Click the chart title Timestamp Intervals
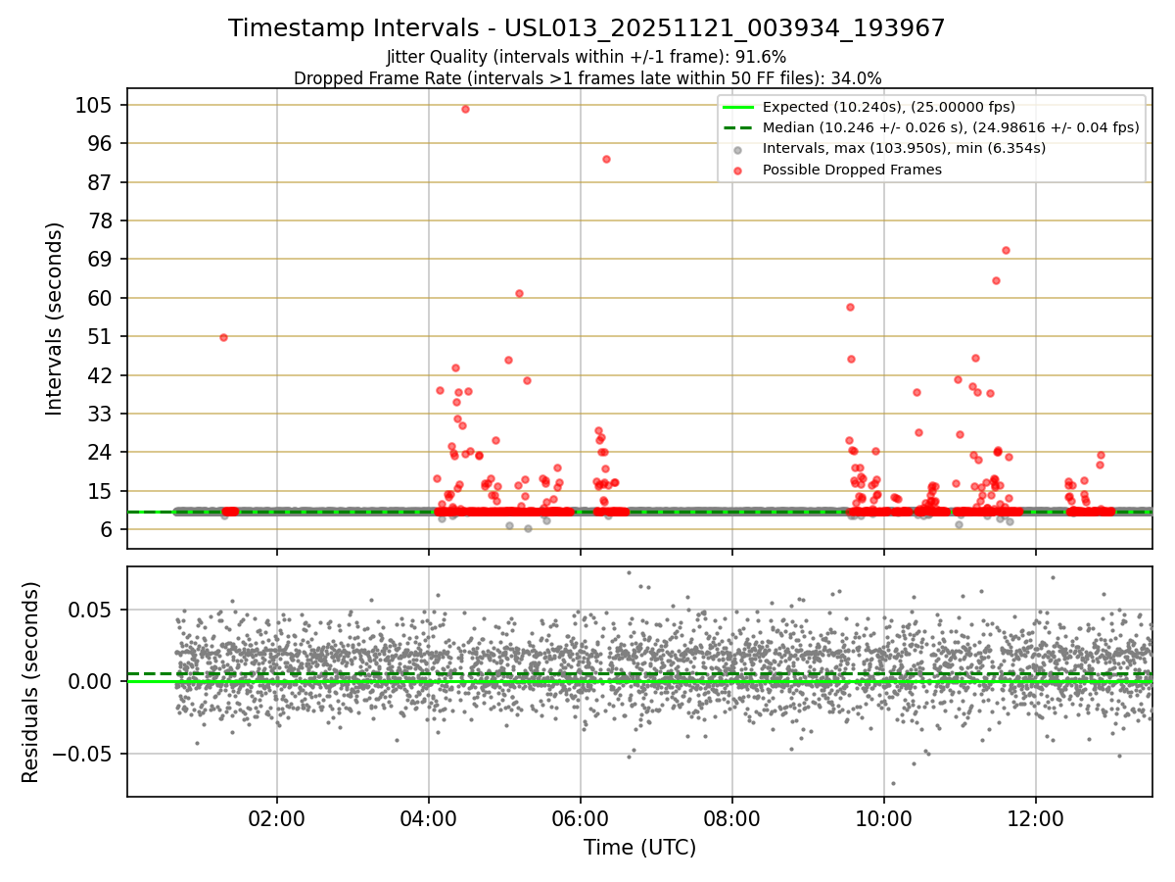click(587, 28)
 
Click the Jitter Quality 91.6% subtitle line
click(587, 57)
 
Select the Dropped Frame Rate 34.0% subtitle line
click(587, 78)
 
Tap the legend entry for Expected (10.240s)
click(888, 107)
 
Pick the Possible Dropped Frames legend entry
click(852, 170)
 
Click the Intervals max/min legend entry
click(904, 148)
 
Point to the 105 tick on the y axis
click(94, 105)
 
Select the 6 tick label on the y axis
click(106, 529)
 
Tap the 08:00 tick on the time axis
click(732, 816)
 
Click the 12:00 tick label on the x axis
click(1036, 816)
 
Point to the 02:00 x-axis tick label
click(277, 816)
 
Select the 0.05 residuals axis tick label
click(89, 610)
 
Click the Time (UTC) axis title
click(639, 848)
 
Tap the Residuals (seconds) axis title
click(30, 682)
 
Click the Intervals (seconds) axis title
click(55, 318)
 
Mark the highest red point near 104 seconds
click(465, 109)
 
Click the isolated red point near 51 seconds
click(223, 337)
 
